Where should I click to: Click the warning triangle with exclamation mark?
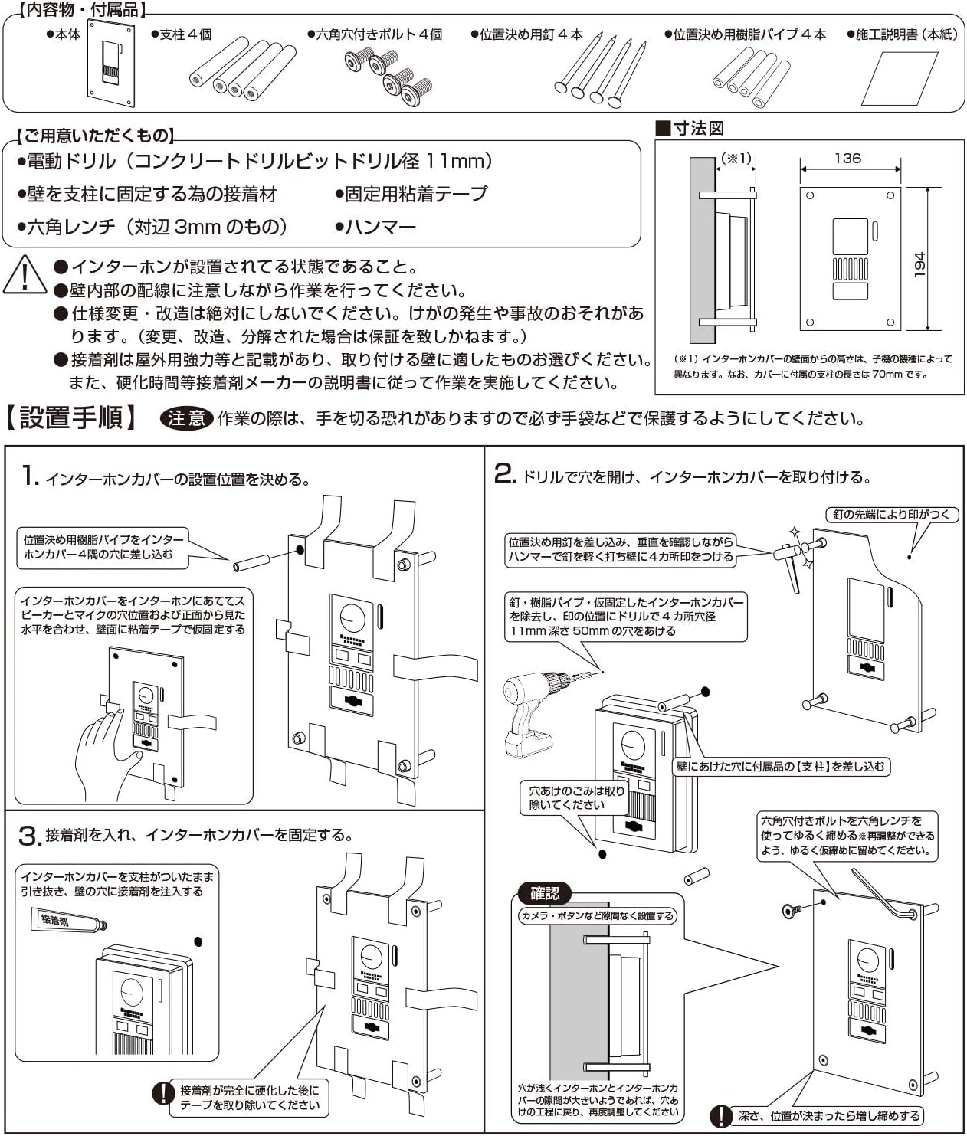tap(25, 275)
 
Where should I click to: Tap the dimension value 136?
tap(847, 158)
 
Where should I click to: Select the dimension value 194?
tap(919, 264)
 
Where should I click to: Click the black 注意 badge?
tap(186, 418)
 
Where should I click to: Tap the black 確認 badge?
tap(545, 893)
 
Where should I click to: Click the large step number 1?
tap(29, 476)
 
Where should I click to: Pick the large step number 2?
tap(504, 473)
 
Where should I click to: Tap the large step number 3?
tap(28, 836)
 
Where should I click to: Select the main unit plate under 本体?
tap(111, 64)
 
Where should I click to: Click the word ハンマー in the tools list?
tap(380, 227)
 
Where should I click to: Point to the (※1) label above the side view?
tap(736, 159)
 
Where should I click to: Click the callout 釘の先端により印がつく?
tap(892, 515)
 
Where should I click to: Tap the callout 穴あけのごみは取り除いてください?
tap(576, 797)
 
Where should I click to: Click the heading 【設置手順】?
tap(72, 417)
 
